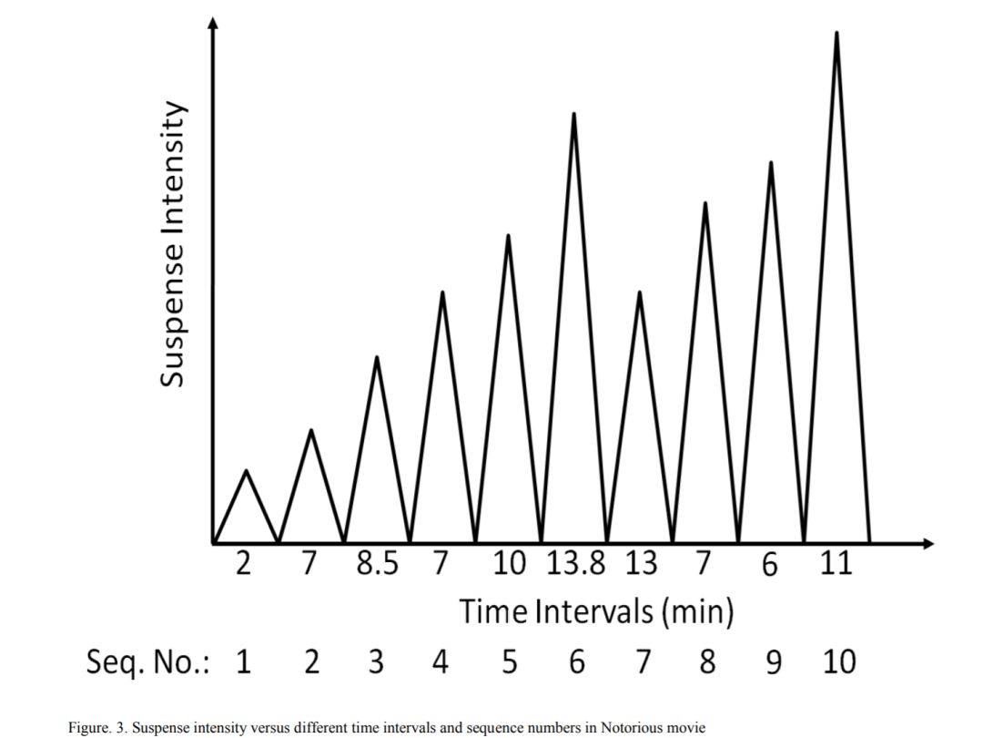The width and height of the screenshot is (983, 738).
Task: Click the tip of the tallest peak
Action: [x=836, y=33]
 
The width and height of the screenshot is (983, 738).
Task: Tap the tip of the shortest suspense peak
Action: [x=246, y=470]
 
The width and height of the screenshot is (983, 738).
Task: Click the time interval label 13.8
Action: [x=576, y=564]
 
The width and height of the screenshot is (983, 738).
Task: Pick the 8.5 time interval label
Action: [x=377, y=564]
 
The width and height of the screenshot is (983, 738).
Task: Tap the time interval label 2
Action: [x=243, y=564]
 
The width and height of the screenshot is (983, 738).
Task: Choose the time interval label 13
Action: [x=641, y=564]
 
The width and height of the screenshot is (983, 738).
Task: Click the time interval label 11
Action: [x=835, y=564]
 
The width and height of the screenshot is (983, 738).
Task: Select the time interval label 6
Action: [x=770, y=565]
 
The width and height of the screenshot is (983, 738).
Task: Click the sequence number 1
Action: [x=243, y=662]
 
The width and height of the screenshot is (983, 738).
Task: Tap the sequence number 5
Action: [x=508, y=662]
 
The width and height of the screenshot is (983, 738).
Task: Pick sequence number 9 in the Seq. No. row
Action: [x=773, y=662]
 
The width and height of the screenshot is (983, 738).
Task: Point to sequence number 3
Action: [x=376, y=662]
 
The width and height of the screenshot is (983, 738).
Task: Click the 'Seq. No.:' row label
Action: [x=147, y=662]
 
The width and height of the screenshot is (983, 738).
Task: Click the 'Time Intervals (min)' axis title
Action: [x=596, y=611]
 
